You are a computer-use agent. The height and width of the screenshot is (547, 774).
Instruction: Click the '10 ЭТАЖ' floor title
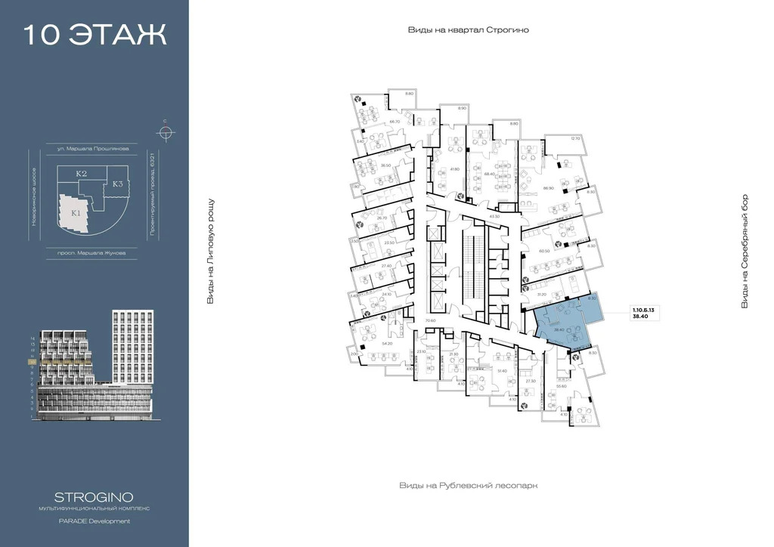coord(94,36)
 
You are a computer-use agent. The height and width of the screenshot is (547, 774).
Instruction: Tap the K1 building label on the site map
coord(76,213)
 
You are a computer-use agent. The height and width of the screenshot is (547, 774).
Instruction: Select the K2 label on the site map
coord(81,174)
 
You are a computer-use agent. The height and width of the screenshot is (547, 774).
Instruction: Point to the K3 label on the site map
coord(118,184)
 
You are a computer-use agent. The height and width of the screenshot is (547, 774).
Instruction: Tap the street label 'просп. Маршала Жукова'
coord(91,253)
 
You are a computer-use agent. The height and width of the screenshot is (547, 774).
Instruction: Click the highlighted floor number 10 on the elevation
coord(33,362)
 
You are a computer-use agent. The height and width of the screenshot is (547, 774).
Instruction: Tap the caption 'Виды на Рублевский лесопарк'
coord(472,486)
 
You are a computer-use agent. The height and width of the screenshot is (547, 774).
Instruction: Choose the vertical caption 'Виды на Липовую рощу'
coord(211,252)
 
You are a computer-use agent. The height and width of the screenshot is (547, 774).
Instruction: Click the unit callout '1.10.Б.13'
coord(643,308)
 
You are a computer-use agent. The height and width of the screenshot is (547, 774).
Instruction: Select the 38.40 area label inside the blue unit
coord(561,329)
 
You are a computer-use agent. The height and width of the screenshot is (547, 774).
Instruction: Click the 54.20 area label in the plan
coord(388,344)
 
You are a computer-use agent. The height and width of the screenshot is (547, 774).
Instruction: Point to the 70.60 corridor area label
coord(431,321)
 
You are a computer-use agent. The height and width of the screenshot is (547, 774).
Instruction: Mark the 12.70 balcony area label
coord(575,138)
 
